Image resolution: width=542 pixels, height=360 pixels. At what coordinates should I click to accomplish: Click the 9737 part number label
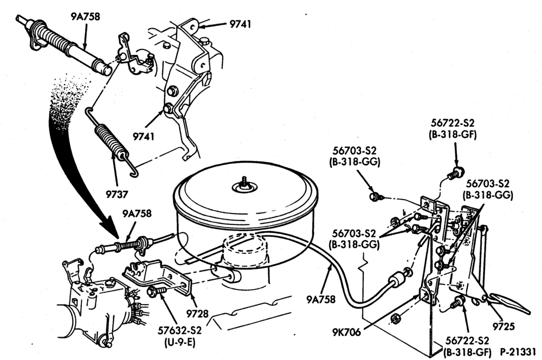pyautogui.click(x=117, y=194)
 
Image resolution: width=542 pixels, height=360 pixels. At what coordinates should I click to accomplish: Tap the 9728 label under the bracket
pyautogui.click(x=197, y=313)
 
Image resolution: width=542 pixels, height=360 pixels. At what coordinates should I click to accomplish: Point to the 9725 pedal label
pyautogui.click(x=504, y=326)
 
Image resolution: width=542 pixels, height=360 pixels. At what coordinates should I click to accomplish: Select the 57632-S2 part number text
pyautogui.click(x=179, y=330)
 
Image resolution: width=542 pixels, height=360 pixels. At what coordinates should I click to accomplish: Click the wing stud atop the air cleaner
pyautogui.click(x=245, y=182)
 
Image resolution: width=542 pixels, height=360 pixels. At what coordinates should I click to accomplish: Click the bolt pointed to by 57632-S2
pyautogui.click(x=155, y=291)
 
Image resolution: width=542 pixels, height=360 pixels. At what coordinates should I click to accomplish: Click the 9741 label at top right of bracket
pyautogui.click(x=240, y=24)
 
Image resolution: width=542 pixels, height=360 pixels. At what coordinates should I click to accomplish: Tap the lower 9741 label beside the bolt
pyautogui.click(x=144, y=136)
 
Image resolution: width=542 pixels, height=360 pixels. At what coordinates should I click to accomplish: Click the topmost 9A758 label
pyautogui.click(x=86, y=17)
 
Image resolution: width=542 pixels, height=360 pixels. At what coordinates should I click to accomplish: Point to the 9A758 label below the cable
pyautogui.click(x=321, y=299)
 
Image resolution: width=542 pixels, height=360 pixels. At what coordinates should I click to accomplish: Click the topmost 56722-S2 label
pyautogui.click(x=453, y=123)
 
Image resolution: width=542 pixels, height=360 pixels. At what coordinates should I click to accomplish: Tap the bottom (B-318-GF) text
pyautogui.click(x=467, y=352)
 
